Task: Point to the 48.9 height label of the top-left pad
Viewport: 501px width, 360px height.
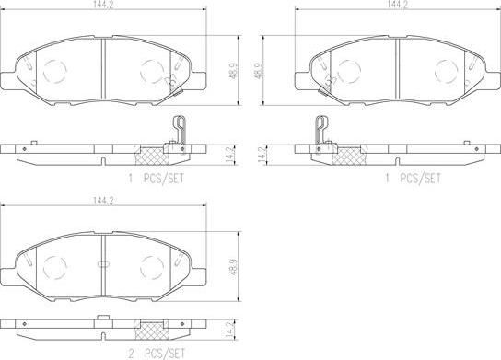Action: click(x=234, y=71)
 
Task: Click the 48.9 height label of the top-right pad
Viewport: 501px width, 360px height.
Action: click(x=259, y=71)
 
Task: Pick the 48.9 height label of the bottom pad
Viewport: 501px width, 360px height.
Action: click(x=234, y=267)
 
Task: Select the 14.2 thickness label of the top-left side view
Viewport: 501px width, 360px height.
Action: click(x=231, y=156)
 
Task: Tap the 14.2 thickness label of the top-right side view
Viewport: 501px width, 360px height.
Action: click(x=262, y=156)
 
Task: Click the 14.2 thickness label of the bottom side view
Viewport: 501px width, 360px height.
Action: click(x=230, y=330)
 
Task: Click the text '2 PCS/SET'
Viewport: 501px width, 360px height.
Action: click(x=157, y=354)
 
